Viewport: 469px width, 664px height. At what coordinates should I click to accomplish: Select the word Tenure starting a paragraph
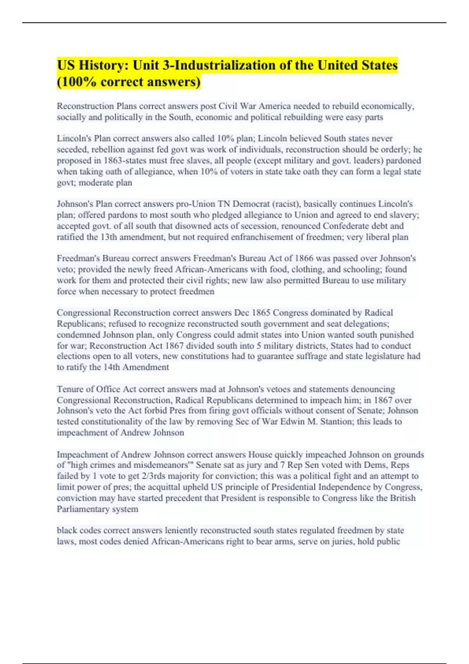pos(70,389)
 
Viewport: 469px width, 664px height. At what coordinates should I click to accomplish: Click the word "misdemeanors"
pos(161,465)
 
